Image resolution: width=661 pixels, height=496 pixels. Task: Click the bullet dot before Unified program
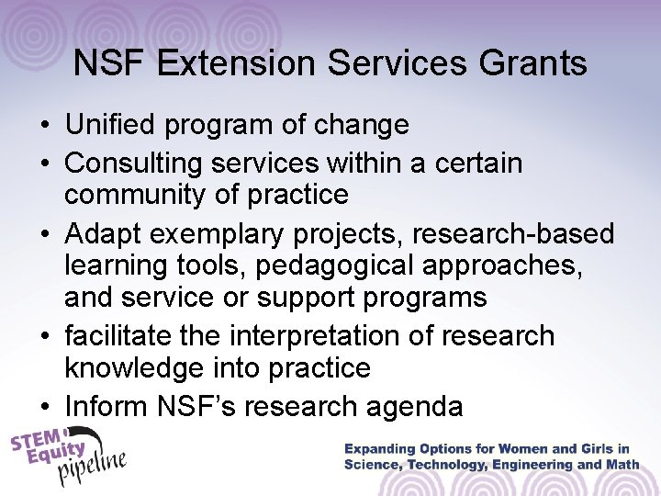45,125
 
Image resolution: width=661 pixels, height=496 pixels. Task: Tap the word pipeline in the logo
92,469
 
